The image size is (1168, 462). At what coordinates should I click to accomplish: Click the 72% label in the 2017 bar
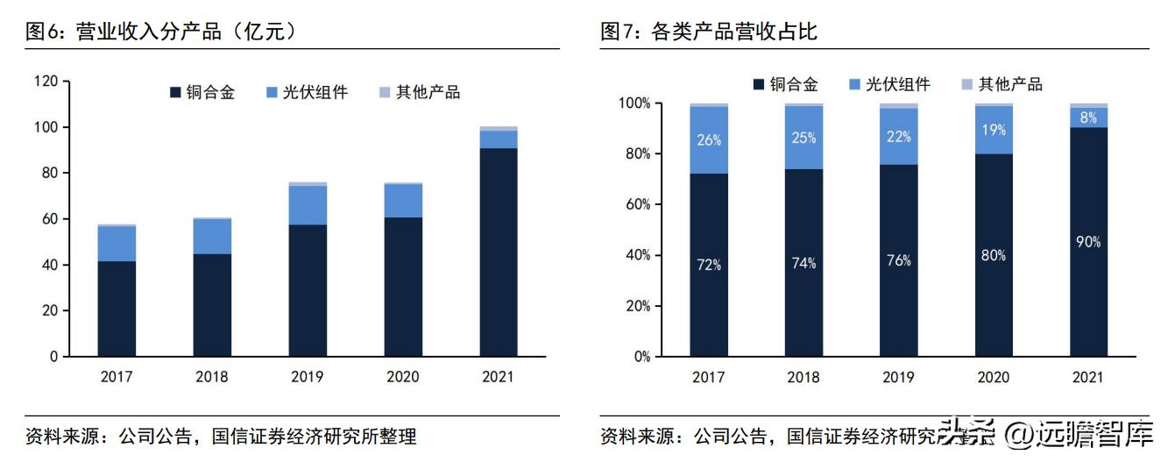tap(709, 265)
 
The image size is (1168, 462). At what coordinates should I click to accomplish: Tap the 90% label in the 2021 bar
tap(1088, 242)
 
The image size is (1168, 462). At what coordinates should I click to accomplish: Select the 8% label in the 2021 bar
tap(1088, 117)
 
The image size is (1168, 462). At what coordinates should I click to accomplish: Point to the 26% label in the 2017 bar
tap(709, 139)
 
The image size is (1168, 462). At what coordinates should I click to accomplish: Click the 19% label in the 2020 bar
tap(994, 130)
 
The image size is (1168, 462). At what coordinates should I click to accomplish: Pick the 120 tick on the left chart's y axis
tap(46, 82)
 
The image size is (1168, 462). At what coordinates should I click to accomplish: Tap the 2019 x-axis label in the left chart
tap(308, 378)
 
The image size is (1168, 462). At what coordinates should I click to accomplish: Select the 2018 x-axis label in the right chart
tap(803, 378)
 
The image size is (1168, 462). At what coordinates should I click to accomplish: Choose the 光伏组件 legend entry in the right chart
tap(889, 84)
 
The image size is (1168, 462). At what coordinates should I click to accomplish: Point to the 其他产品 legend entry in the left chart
tap(419, 92)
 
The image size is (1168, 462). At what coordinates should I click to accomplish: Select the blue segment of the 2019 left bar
tap(308, 205)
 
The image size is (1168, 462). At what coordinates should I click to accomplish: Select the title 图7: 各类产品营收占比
tap(709, 32)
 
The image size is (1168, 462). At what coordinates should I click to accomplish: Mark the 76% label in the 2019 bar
tap(898, 260)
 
